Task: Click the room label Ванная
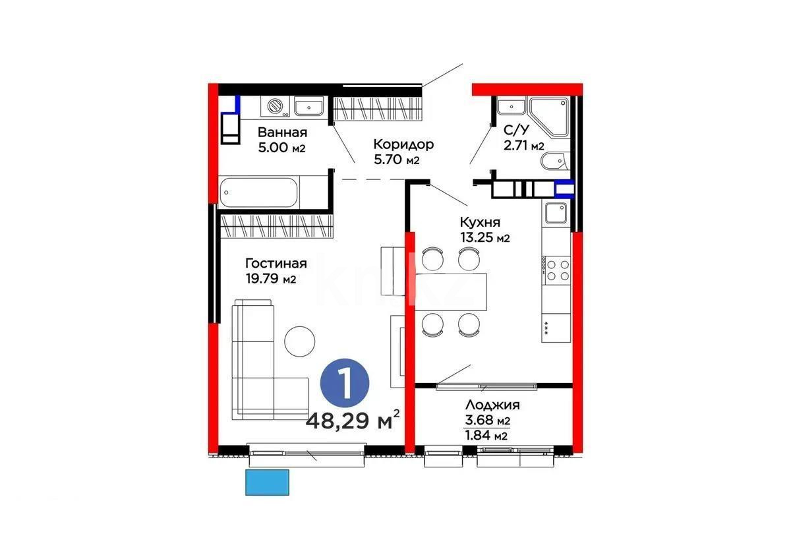click(x=282, y=131)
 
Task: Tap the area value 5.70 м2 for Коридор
click(x=396, y=160)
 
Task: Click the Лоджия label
click(x=492, y=405)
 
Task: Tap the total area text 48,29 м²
click(x=353, y=419)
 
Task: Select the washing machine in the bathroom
click(x=275, y=107)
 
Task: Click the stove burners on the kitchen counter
click(x=557, y=270)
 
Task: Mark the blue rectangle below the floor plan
click(x=268, y=482)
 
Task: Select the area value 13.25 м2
click(x=485, y=238)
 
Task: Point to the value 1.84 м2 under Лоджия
click(x=486, y=435)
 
